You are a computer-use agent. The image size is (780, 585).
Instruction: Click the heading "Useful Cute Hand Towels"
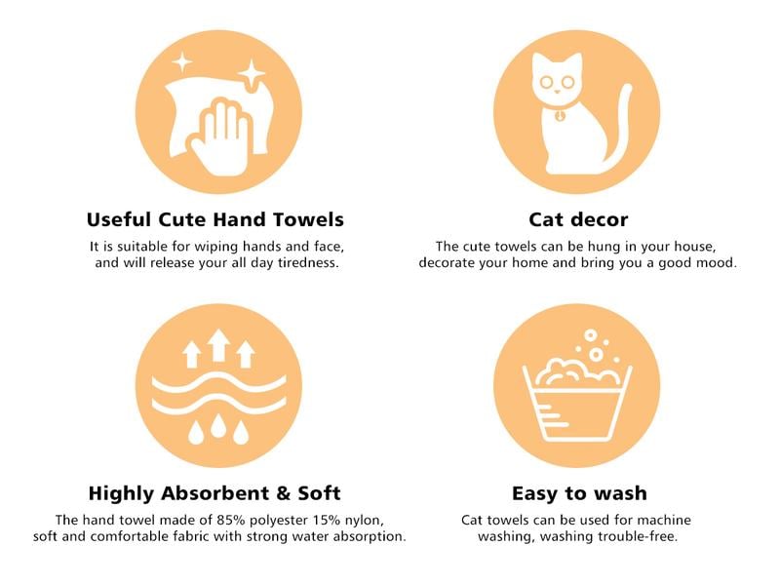pos(214,219)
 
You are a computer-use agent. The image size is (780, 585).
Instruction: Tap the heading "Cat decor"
pos(578,219)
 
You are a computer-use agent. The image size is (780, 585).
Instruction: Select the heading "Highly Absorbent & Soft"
pos(214,493)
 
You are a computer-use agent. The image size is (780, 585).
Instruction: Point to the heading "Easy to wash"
pos(579,493)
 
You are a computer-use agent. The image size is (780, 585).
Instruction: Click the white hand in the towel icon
pos(222,139)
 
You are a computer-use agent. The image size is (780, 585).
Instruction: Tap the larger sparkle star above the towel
pos(252,75)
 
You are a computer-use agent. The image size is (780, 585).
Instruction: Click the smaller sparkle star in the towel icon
pos(182,62)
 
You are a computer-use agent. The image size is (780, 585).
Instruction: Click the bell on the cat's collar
pos(561,116)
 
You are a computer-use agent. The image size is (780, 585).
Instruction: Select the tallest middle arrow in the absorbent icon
pos(218,344)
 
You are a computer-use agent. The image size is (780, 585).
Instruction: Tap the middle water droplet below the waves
pos(217,427)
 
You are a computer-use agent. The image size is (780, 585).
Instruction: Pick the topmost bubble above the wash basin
pos(590,334)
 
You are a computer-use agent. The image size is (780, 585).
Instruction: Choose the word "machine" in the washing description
pos(664,521)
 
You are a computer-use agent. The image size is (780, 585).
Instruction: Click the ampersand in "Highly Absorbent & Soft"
pos(284,493)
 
